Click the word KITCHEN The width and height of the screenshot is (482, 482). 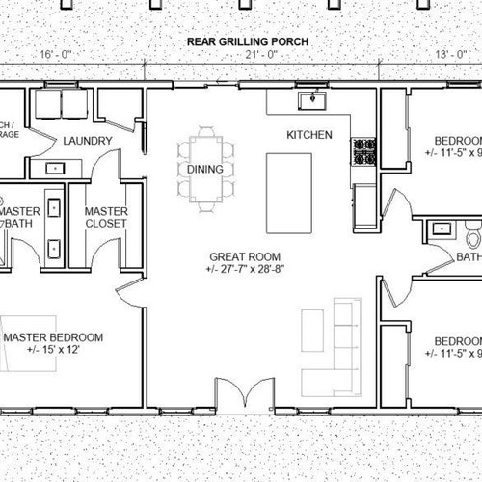[309, 134]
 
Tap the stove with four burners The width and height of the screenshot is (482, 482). [366, 151]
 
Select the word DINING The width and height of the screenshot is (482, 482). [205, 170]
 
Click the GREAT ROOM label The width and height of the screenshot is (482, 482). [245, 256]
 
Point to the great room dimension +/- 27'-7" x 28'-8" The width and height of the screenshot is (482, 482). [245, 269]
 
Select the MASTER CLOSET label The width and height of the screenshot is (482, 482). [107, 218]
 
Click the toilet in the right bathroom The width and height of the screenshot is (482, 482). [470, 234]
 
